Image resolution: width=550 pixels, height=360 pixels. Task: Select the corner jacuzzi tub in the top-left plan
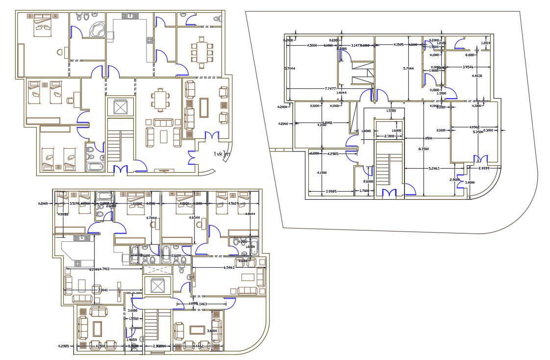point(97,29)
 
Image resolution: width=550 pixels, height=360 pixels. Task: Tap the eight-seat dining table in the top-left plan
point(202,50)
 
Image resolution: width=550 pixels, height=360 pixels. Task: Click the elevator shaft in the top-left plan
point(120,106)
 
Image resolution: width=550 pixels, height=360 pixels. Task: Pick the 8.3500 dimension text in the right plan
point(423,149)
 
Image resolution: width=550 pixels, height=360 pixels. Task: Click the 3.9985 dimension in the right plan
point(327,191)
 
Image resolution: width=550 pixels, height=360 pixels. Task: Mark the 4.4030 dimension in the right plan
point(477,76)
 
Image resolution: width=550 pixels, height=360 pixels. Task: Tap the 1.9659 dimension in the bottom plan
point(131,339)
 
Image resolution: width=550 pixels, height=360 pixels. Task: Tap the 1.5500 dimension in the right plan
point(391,111)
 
